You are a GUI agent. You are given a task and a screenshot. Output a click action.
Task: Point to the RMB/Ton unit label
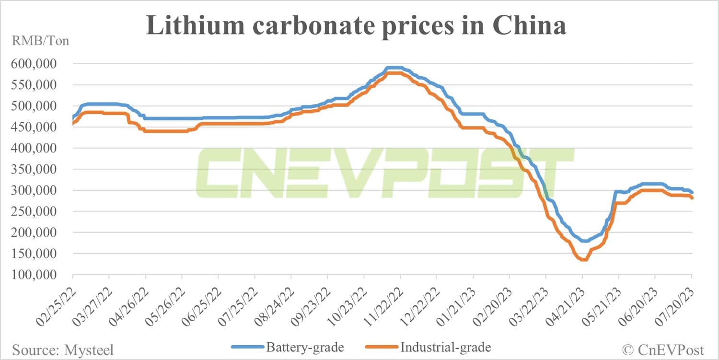point(41,41)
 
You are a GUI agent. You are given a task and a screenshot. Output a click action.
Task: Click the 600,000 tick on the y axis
point(37,64)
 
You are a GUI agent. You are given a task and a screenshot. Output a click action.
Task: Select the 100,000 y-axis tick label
point(37,275)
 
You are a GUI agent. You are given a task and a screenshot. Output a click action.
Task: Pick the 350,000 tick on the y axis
point(37,169)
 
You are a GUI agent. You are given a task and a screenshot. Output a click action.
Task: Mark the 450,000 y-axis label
point(37,127)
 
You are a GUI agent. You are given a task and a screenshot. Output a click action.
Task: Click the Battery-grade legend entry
point(288,347)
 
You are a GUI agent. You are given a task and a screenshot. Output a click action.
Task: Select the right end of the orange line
point(692,197)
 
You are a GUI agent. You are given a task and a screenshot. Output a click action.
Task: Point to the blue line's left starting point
point(73,117)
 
